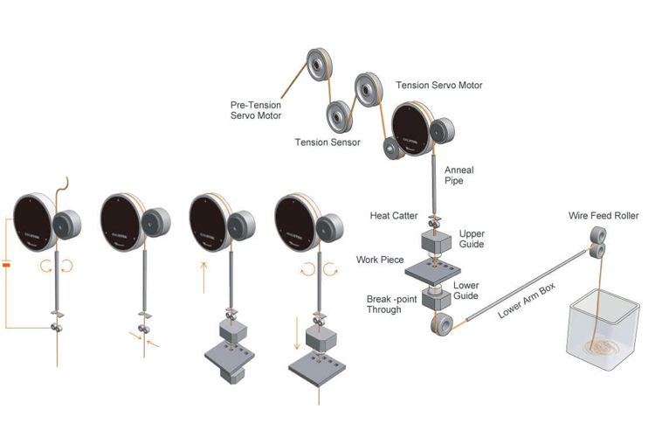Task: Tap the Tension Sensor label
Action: coord(327,142)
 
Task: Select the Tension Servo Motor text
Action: coord(439,86)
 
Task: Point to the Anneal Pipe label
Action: coord(459,176)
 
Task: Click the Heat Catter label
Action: coord(394,215)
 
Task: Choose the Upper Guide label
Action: coord(472,239)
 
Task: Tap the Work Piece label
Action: coord(377,260)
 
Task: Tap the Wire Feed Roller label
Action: coord(603,216)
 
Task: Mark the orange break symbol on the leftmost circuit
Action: coord(7,263)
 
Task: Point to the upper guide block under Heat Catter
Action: coord(432,241)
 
